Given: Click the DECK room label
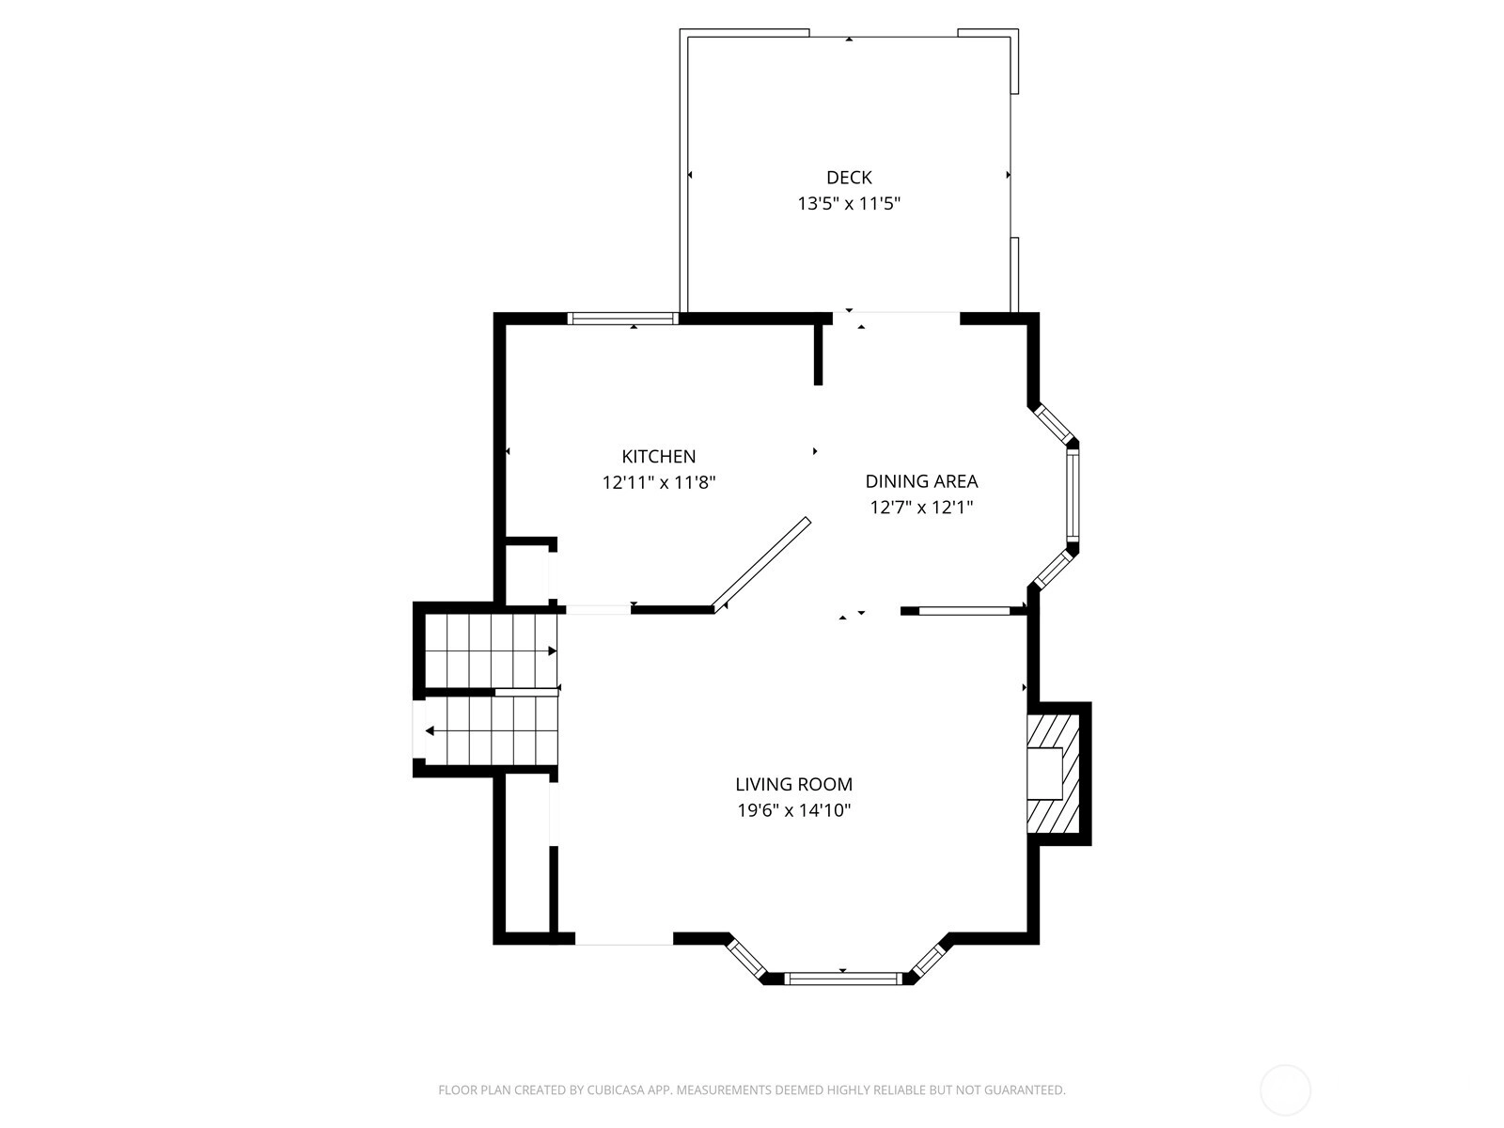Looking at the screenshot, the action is (x=848, y=178).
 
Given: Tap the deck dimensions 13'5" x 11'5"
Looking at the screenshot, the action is (x=848, y=203).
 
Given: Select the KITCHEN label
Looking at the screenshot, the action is (x=658, y=456).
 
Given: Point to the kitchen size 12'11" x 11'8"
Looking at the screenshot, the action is (x=659, y=482).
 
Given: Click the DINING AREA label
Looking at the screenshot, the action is (x=921, y=480).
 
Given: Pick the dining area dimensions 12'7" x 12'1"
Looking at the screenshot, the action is (x=921, y=507).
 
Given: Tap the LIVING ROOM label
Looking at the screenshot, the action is (x=793, y=784).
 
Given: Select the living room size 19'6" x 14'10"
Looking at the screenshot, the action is (x=793, y=810).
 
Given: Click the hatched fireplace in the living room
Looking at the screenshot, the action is (x=1053, y=774).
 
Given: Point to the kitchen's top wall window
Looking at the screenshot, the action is (x=622, y=318).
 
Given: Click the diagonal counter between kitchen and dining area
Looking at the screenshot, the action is (x=761, y=564).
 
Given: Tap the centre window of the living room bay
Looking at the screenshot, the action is (x=842, y=979).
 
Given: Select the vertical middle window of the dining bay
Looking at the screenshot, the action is (x=1073, y=495).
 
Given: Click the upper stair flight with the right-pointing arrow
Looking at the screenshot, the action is (x=491, y=650).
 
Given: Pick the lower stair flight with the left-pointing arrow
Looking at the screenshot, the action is (x=491, y=730).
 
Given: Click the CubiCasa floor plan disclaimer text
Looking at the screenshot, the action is (x=752, y=1089).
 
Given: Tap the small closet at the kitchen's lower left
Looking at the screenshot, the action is (x=526, y=575).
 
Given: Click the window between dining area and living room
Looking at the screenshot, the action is (x=964, y=611).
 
